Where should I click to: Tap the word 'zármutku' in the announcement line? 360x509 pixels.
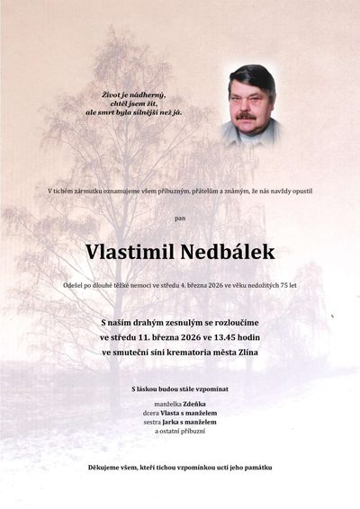89,190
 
